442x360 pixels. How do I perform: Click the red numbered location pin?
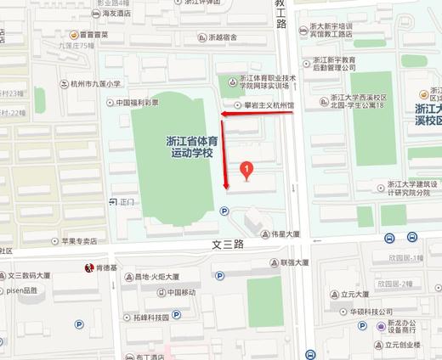246,170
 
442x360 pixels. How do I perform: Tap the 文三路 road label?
227,245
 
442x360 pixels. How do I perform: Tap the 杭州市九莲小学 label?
99,84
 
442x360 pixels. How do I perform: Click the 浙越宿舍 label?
222,37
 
